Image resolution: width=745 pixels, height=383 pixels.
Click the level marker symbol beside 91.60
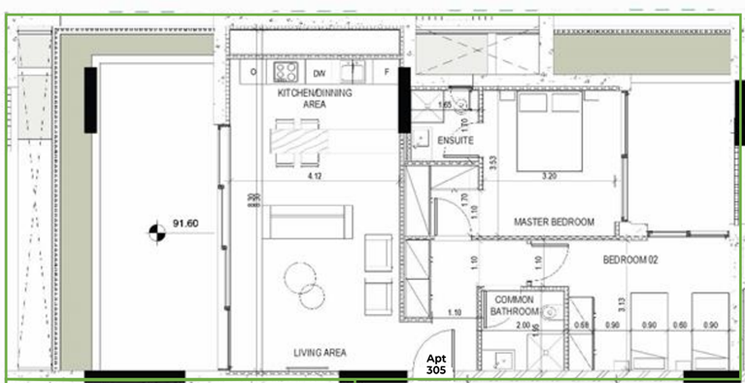point(152,231)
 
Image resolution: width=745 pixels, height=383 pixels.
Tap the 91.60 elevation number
point(186,225)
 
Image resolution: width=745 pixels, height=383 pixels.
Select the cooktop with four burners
point(286,72)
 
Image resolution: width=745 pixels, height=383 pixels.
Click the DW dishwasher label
point(319,73)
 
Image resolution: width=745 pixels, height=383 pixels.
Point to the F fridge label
point(387,73)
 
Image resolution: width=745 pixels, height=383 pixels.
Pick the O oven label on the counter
point(254,73)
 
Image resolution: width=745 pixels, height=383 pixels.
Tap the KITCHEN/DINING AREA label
point(315,98)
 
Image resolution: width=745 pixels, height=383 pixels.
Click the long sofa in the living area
point(310,223)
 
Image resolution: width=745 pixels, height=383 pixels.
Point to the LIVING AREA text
point(321,353)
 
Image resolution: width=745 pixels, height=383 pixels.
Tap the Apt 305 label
point(435,365)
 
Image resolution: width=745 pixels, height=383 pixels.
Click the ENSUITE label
point(456,141)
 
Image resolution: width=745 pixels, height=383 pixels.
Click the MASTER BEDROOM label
point(554,222)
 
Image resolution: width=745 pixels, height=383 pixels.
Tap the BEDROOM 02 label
point(631,260)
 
